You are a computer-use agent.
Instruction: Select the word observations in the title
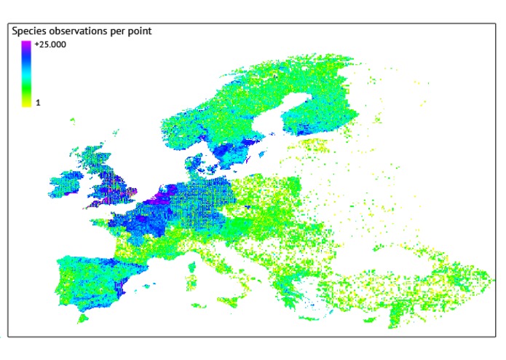pyautogui.click(x=82, y=31)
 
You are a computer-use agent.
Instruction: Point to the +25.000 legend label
pyautogui.click(x=50, y=44)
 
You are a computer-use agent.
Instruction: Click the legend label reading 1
pyautogui.click(x=38, y=103)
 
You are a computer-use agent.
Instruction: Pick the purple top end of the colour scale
pyautogui.click(x=26, y=44)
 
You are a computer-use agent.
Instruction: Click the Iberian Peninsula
pyautogui.click(x=87, y=277)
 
